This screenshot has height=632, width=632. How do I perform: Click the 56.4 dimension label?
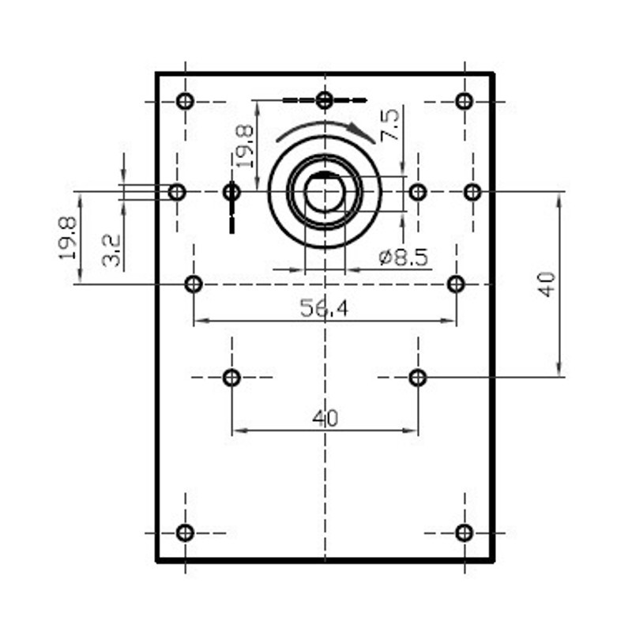point(324,308)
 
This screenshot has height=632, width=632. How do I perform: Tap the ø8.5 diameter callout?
point(404,258)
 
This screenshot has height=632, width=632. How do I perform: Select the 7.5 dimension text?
point(389,125)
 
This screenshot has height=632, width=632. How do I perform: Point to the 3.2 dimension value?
point(111,250)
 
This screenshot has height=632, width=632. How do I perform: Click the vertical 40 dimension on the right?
point(547,284)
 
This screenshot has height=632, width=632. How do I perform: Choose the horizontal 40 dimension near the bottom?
point(325,419)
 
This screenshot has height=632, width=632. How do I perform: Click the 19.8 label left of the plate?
point(67,239)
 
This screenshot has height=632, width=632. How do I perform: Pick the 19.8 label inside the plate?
point(244,146)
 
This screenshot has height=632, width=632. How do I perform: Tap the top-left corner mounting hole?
point(185,101)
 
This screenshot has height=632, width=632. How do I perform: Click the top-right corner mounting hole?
point(465,101)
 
